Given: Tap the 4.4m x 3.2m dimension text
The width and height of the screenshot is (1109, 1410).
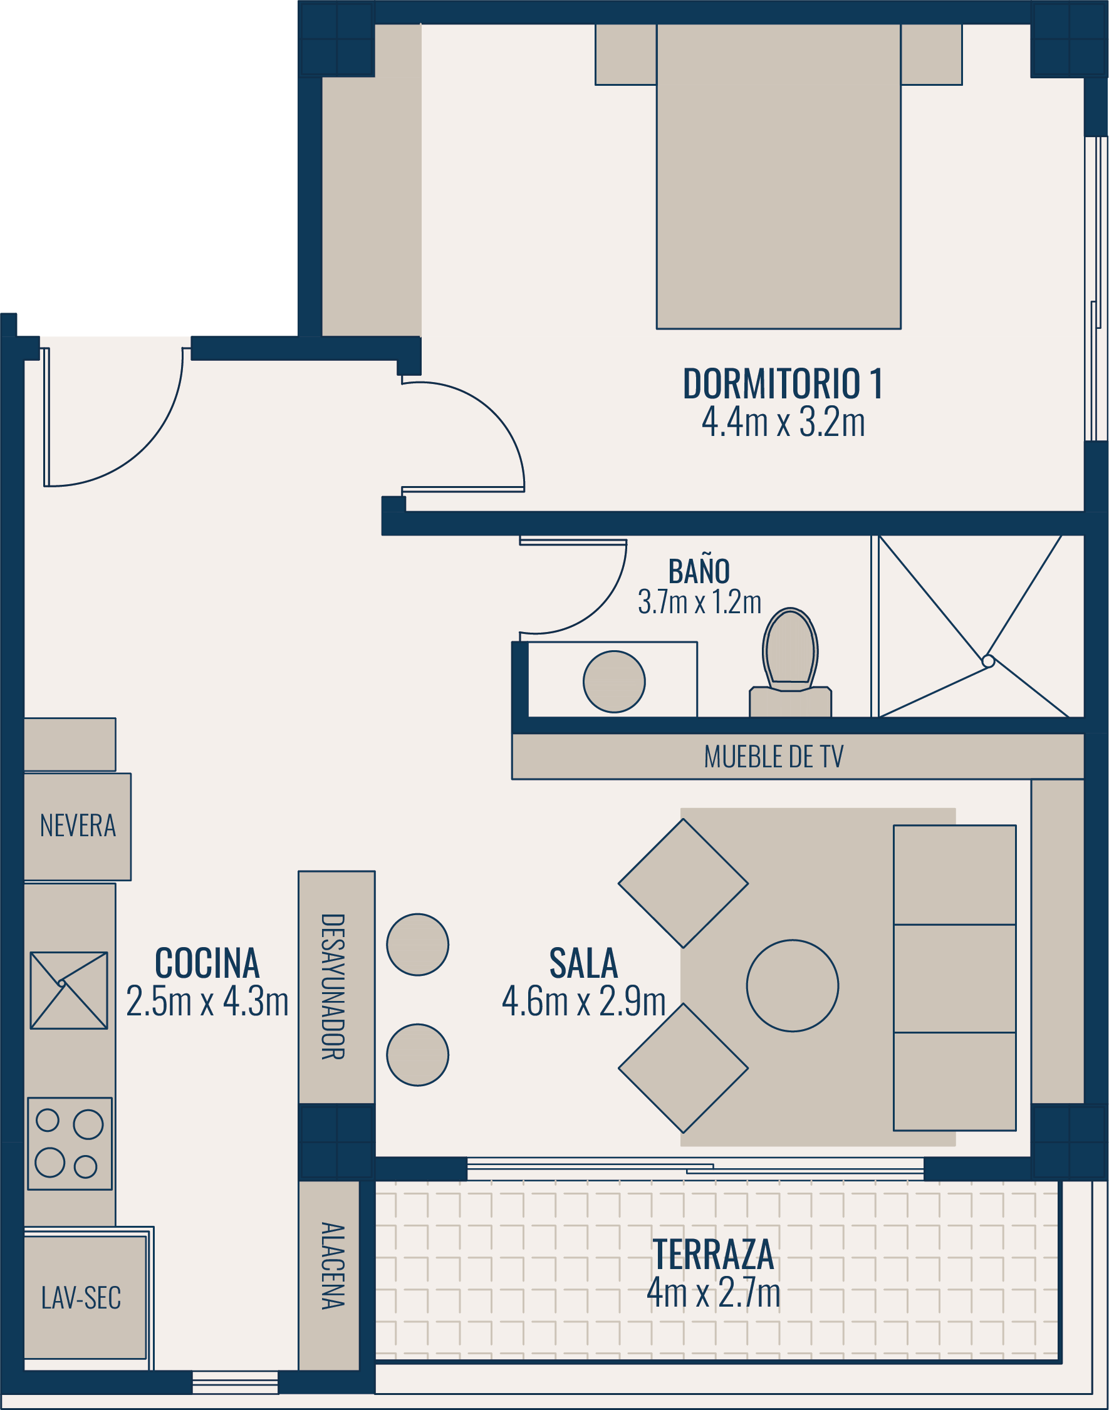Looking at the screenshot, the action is tap(783, 422).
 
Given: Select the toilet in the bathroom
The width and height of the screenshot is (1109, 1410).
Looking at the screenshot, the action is tap(790, 663).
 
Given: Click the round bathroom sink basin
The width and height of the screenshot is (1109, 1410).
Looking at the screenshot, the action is tap(614, 682).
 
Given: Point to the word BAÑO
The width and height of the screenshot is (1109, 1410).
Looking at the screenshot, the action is tap(699, 571).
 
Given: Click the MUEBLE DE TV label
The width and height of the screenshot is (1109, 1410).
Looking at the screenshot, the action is tap(773, 757).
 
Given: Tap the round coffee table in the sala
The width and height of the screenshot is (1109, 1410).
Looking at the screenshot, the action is tap(792, 985).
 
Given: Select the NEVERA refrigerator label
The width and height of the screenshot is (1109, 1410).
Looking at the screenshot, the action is tap(78, 826).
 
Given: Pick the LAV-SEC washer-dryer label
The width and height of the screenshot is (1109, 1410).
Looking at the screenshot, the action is tap(81, 1298).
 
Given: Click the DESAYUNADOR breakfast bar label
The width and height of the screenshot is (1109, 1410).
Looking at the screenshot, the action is tap(333, 987).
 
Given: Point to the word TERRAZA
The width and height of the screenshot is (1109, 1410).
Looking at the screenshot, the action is tap(714, 1254).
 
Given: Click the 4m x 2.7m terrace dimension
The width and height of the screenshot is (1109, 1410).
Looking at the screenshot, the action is tap(714, 1292).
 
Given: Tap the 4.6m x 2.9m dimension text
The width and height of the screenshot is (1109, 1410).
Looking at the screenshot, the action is tap(584, 1001).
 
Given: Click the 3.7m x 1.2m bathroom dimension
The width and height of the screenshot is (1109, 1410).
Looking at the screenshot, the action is tap(699, 602).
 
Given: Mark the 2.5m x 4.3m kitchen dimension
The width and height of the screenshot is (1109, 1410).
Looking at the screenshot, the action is tap(207, 1001).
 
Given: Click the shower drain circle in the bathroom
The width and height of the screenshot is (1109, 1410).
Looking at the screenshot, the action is tap(987, 661).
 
